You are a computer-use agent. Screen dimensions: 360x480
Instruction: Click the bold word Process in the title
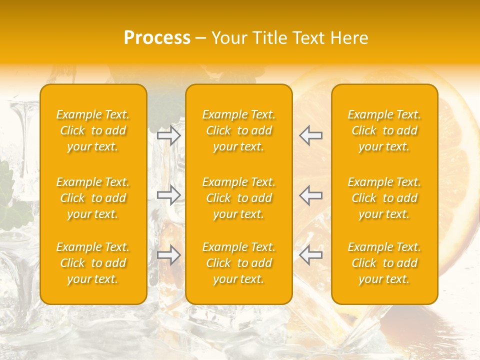pyautogui.click(x=157, y=38)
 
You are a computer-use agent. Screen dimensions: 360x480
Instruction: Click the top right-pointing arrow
pyautogui.click(x=169, y=135)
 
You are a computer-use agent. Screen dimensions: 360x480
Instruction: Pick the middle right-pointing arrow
pyautogui.click(x=169, y=195)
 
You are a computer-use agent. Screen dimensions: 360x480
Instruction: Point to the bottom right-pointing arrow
pyautogui.click(x=169, y=255)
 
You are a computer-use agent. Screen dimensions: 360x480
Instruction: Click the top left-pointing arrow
pyautogui.click(x=310, y=135)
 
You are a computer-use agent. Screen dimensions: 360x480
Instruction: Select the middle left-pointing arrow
pyautogui.click(x=310, y=195)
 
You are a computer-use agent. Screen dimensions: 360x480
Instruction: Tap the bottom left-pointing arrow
pyautogui.click(x=310, y=255)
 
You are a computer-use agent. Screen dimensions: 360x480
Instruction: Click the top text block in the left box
pyautogui.click(x=93, y=130)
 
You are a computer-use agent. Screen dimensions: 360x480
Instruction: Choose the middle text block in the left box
pyautogui.click(x=93, y=198)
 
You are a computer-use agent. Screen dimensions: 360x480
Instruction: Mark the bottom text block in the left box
pyautogui.click(x=93, y=263)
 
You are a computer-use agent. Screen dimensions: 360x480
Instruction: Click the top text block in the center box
pyautogui.click(x=239, y=130)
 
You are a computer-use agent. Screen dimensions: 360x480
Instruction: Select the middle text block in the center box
pyautogui.click(x=239, y=198)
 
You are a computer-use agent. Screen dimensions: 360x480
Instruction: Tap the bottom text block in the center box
pyautogui.click(x=239, y=263)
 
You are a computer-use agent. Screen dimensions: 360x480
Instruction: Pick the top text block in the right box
pyautogui.click(x=384, y=130)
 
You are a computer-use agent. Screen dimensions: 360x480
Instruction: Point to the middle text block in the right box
pyautogui.click(x=384, y=198)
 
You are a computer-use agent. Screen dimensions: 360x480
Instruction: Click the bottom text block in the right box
pyautogui.click(x=384, y=263)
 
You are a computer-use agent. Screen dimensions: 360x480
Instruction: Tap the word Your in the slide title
pyautogui.click(x=228, y=38)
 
